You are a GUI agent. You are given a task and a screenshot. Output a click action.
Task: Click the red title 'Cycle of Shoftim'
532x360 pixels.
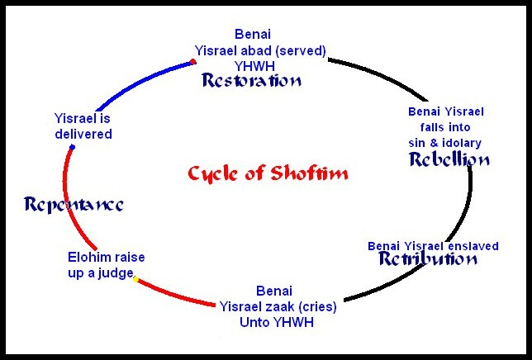click(x=268, y=173)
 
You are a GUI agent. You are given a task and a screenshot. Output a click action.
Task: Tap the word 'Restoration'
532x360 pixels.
click(x=252, y=81)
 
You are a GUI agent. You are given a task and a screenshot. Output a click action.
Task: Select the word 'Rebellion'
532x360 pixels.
click(x=449, y=159)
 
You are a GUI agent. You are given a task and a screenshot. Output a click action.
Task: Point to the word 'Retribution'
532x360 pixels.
click(x=428, y=258)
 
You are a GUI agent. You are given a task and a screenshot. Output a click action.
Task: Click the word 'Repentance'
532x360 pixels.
click(x=74, y=204)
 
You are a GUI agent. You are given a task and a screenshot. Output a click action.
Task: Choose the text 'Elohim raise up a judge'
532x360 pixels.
click(x=106, y=265)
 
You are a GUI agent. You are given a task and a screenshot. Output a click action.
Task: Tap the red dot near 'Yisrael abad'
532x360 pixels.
click(x=192, y=61)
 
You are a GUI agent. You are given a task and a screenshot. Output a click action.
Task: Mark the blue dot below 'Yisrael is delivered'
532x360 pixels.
click(x=73, y=148)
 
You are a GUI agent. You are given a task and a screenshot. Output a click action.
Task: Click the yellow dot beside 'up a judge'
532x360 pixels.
click(x=135, y=279)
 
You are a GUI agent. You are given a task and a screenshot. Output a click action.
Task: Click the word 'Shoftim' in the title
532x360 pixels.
click(x=313, y=173)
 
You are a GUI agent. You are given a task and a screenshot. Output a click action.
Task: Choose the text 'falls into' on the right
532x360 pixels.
click(x=446, y=127)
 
